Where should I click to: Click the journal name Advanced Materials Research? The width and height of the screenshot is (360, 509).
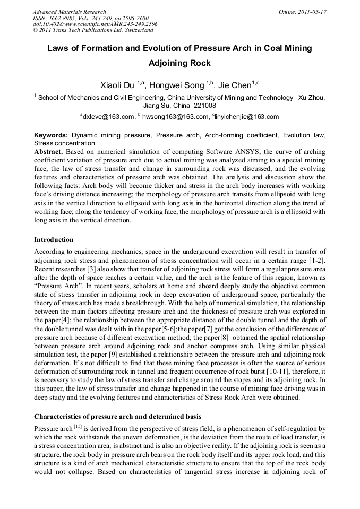point(69,12)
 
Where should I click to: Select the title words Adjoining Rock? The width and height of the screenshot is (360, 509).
point(179,63)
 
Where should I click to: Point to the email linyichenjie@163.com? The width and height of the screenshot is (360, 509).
point(247,117)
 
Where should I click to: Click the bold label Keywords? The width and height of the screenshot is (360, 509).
point(51,136)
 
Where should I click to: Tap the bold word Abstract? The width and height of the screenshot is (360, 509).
point(48,151)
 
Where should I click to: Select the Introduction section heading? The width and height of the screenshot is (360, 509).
point(54,240)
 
